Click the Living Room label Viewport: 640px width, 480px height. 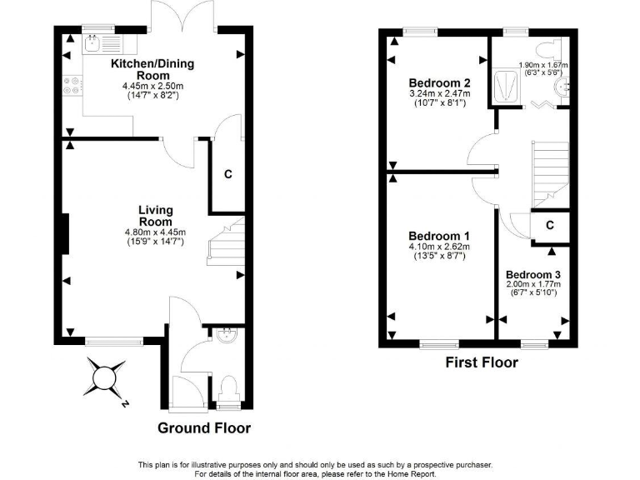[x=155, y=216]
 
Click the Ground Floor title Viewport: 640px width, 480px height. [x=204, y=428]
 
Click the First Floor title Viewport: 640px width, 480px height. [x=481, y=362]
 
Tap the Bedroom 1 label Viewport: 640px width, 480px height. [x=439, y=236]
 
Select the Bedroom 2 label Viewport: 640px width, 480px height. [x=439, y=83]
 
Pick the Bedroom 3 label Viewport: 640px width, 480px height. [x=532, y=275]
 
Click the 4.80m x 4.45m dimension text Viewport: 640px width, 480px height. [x=155, y=232]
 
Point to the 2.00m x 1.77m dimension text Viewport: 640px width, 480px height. [x=532, y=285]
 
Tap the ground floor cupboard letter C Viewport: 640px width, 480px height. [x=227, y=175]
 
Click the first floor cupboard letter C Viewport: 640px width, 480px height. [x=550, y=225]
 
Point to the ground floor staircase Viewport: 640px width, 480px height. [x=225, y=242]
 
